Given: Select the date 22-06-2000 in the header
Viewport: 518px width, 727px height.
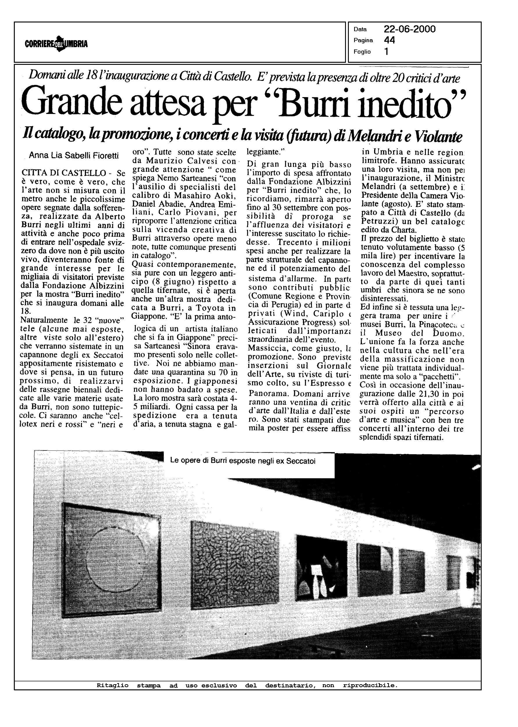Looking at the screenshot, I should (x=409, y=29).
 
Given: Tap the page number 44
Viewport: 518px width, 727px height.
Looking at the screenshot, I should (x=389, y=40).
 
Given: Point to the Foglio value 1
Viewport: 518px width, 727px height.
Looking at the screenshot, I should (x=386, y=51).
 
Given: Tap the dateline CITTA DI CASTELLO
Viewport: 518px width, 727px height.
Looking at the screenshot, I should (x=63, y=173).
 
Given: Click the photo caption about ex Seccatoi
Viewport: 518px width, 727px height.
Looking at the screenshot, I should (x=243, y=461).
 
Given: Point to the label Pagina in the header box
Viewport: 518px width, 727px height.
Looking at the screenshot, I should (x=363, y=40).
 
